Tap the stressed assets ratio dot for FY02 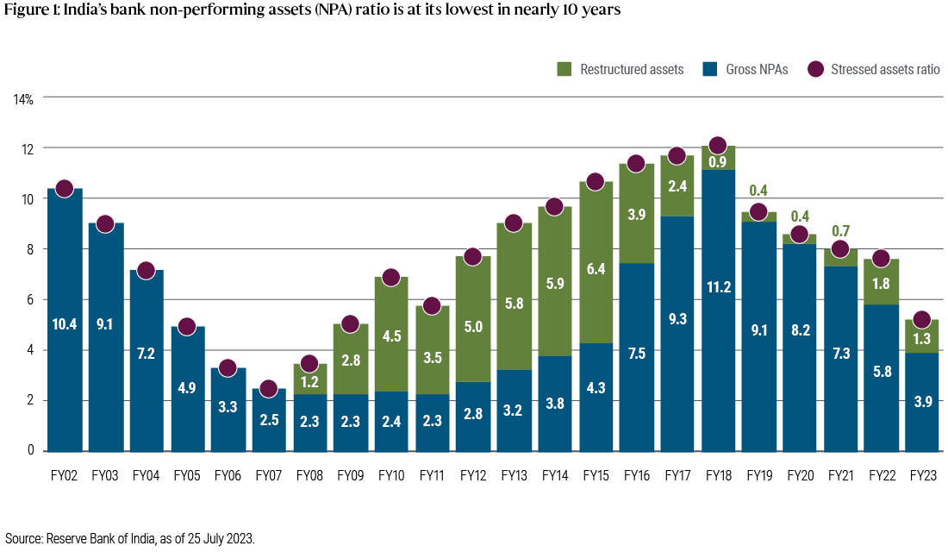pos(64,188)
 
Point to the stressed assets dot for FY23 pos(921,319)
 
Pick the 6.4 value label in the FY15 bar pos(596,268)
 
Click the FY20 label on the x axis pos(800,474)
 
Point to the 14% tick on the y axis pos(23,100)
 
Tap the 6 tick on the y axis pos(30,300)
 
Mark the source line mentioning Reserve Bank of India pos(129,537)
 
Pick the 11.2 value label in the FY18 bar pos(718,287)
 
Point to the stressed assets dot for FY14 pos(554,206)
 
